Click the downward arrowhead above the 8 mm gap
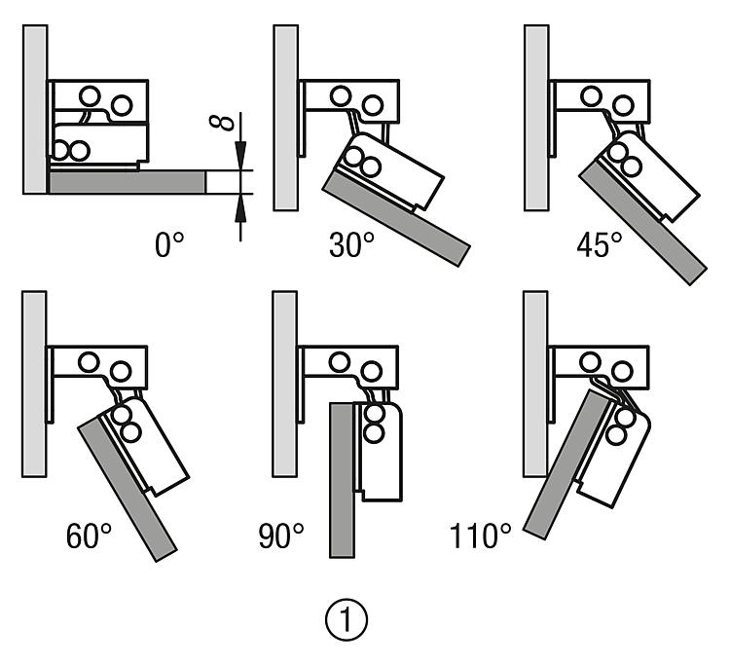(240, 156)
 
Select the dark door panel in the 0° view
(127, 182)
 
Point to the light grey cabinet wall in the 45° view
(535, 117)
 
